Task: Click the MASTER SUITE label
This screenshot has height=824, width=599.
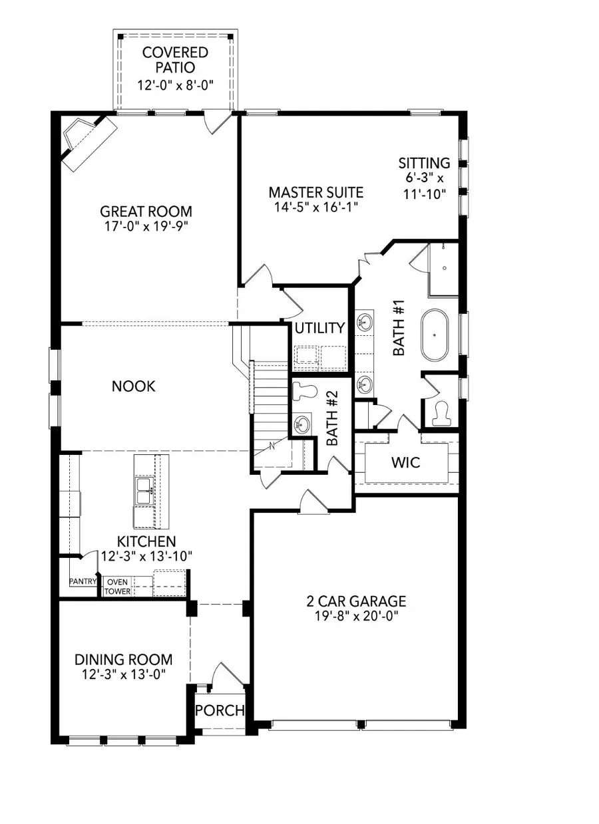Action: pyautogui.click(x=316, y=192)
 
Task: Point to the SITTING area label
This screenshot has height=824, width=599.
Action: pyautogui.click(x=424, y=163)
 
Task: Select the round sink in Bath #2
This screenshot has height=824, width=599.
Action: pyautogui.click(x=303, y=424)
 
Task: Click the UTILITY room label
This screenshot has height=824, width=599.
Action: pyautogui.click(x=320, y=328)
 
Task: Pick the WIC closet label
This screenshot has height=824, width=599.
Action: pyautogui.click(x=406, y=462)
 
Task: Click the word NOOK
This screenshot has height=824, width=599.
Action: pyautogui.click(x=134, y=386)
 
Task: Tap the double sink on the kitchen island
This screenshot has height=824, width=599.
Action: pyautogui.click(x=144, y=495)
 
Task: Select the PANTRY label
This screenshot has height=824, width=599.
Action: pyautogui.click(x=84, y=581)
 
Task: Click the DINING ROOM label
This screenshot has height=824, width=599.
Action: pyautogui.click(x=123, y=660)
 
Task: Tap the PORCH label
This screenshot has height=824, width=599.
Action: pyautogui.click(x=220, y=710)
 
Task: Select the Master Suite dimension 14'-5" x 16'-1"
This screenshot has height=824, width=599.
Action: pyautogui.click(x=316, y=207)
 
